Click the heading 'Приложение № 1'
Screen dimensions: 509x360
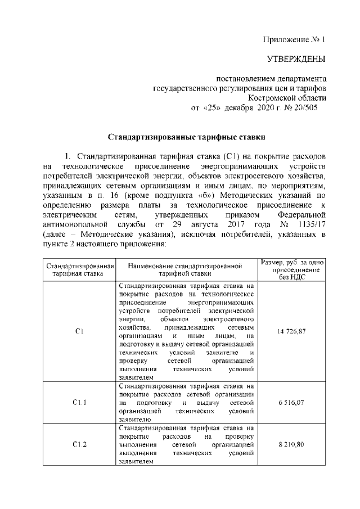point(294,40)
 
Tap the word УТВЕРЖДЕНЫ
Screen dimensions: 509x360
point(296,59)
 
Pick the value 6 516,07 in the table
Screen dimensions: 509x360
point(292,403)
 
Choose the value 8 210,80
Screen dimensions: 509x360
point(292,444)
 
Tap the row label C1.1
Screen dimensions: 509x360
point(79,403)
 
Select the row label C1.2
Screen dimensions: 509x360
point(79,444)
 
